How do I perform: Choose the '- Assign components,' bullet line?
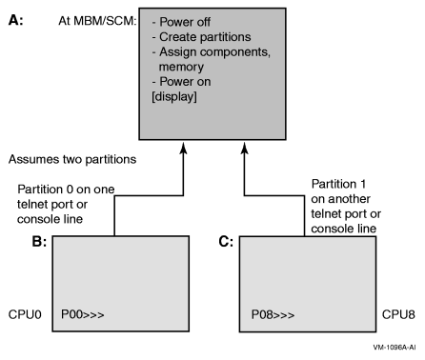[207, 52]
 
